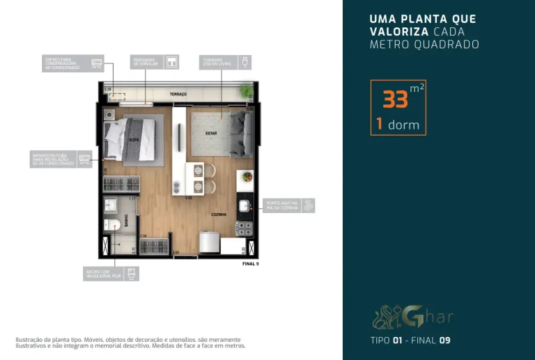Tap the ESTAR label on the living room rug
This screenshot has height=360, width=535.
coord(211,132)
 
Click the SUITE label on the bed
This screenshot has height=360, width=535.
coord(132,140)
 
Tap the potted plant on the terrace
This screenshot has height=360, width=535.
coord(245,91)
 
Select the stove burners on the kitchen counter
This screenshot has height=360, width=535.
coord(245,228)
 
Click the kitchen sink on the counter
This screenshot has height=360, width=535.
coord(245,206)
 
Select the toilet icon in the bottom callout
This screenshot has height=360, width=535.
coord(132,273)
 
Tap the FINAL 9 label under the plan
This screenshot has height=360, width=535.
coord(250,264)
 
